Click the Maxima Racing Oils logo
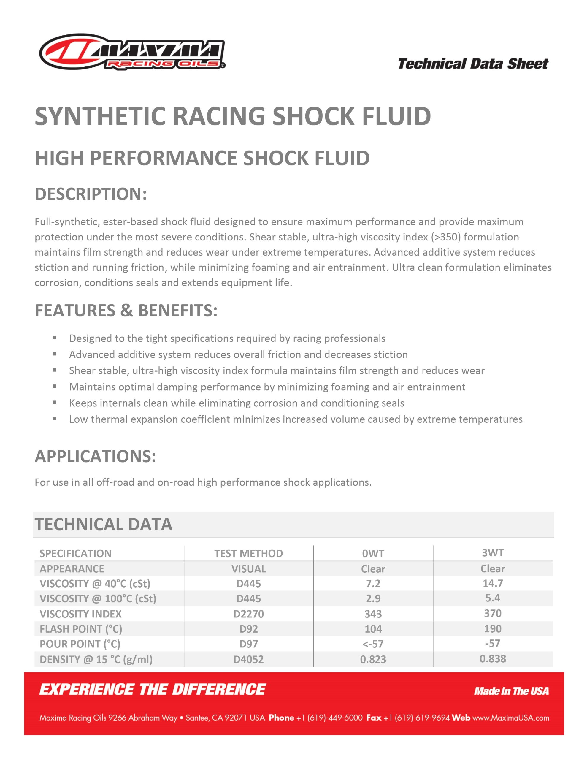[x=132, y=52]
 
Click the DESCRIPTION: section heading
[x=91, y=194]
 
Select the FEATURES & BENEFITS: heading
[x=126, y=311]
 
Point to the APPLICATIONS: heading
[x=95, y=456]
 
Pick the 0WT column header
[x=373, y=553]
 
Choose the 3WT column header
[x=493, y=552]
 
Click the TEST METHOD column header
[x=248, y=553]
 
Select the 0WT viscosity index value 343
[x=373, y=614]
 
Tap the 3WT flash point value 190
[x=493, y=628]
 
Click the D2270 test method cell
[x=248, y=614]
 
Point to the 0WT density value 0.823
[x=373, y=659]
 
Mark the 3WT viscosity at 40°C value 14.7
[x=493, y=583]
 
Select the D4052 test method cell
[x=248, y=659]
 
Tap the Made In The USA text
[x=511, y=691]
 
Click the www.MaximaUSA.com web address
[x=511, y=718]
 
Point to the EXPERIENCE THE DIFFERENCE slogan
[x=153, y=690]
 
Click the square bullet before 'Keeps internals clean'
[x=55, y=403]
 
